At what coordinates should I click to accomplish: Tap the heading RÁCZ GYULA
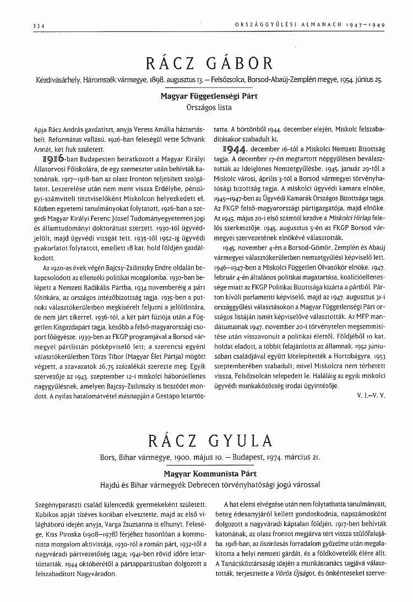[210, 441]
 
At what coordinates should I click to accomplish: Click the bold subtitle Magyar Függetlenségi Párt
[206, 95]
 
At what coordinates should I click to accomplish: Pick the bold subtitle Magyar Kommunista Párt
[206, 473]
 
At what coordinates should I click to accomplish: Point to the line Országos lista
[206, 105]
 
